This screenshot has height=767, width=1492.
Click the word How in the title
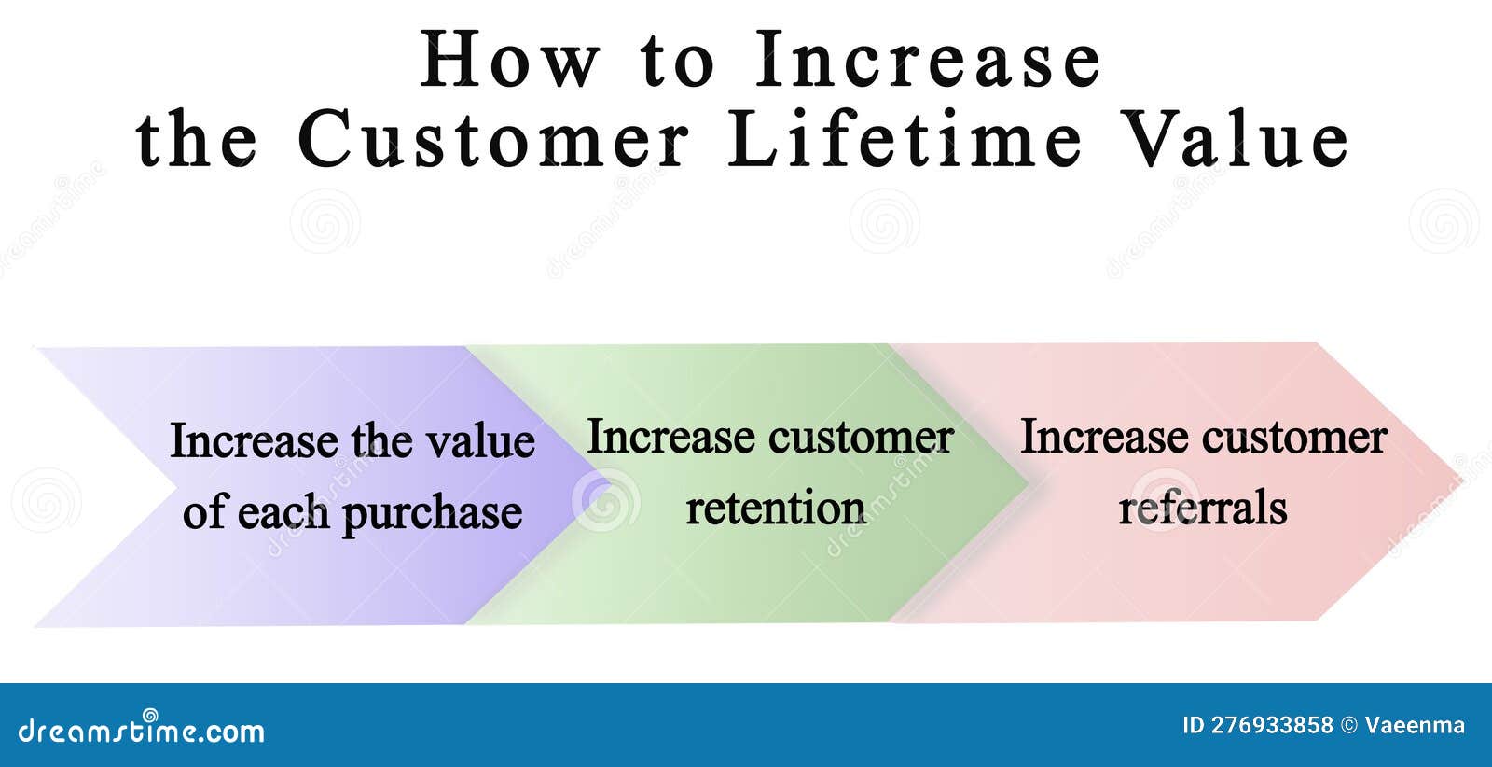tap(509, 60)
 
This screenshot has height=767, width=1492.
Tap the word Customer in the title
tap(493, 139)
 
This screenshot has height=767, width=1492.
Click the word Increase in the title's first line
tap(929, 60)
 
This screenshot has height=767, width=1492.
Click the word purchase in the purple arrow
tap(432, 513)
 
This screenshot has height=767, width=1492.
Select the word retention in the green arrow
tap(776, 509)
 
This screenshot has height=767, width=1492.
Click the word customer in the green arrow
tap(861, 437)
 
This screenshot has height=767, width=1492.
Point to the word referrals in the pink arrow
tap(1203, 509)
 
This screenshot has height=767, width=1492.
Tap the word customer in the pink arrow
tap(1294, 437)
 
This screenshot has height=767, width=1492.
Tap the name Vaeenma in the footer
tap(1415, 726)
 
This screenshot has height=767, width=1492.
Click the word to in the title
tap(677, 60)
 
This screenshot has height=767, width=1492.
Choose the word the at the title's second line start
tap(197, 139)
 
